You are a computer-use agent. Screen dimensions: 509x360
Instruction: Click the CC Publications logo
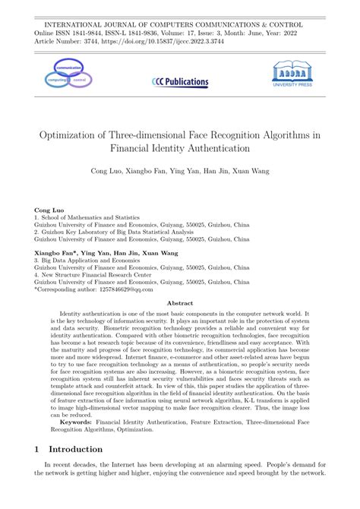click(x=180, y=81)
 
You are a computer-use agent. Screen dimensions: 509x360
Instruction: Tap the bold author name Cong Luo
click(x=50, y=209)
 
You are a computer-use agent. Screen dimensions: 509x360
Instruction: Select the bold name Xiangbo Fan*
click(x=55, y=251)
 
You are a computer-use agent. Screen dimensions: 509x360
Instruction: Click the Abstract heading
click(x=180, y=302)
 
